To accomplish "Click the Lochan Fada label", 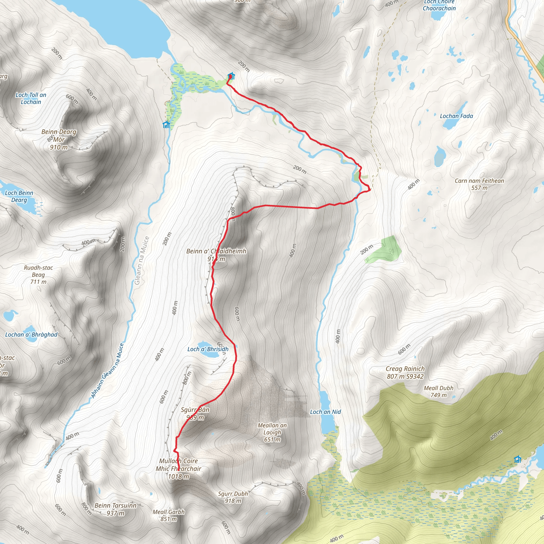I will point(456,116).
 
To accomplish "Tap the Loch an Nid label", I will point(325,412).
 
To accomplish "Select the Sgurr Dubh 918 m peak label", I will point(233,497).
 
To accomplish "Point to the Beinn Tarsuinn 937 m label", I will point(115,509).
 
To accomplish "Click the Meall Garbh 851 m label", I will point(168,515).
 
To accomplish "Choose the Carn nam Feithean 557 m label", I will point(479,184).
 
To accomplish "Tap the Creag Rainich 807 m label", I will point(405,372).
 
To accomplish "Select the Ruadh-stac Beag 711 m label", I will point(38,275).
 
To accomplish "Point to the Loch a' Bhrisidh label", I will point(208,349).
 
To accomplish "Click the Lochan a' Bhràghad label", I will point(31,334).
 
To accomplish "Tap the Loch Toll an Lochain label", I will point(31,98).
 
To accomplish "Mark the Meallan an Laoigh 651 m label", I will point(272,432).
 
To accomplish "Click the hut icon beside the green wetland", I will point(166,125).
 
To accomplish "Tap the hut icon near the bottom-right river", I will point(517,459).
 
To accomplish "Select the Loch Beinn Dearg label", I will point(19,196).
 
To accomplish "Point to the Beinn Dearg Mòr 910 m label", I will point(59,139).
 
